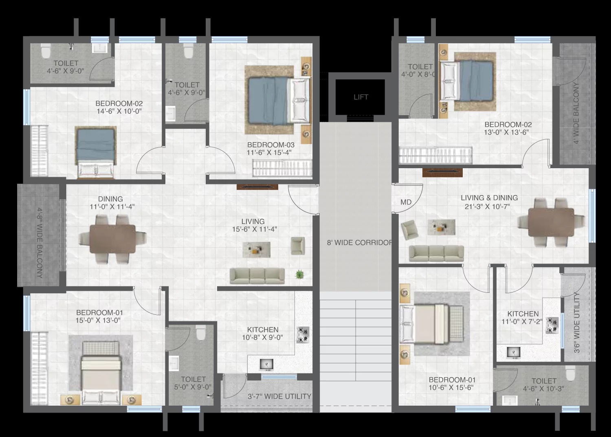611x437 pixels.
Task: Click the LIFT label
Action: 361,97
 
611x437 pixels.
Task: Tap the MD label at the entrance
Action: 406,202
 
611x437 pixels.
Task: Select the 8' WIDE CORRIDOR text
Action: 359,242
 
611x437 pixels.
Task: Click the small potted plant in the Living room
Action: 299,274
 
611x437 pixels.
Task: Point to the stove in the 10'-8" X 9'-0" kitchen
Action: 303,335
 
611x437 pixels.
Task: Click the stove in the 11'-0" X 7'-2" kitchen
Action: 552,325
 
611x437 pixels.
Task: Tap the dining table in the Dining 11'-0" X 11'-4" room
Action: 112,239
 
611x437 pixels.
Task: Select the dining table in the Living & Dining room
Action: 551,222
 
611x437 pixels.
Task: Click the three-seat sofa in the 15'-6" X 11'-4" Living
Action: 257,276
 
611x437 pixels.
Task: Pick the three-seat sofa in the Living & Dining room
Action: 436,254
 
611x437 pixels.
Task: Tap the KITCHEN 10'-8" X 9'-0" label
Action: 262,334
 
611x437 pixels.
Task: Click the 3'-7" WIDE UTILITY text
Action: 279,396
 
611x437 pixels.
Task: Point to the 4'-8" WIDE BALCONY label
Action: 40,243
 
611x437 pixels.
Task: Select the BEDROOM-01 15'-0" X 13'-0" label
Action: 99,316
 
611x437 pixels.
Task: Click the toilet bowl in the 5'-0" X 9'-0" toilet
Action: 201,333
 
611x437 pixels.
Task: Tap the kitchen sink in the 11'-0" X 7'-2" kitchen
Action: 514,352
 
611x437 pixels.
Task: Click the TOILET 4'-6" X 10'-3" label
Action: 544,384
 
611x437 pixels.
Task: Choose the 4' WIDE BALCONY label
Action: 576,113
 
